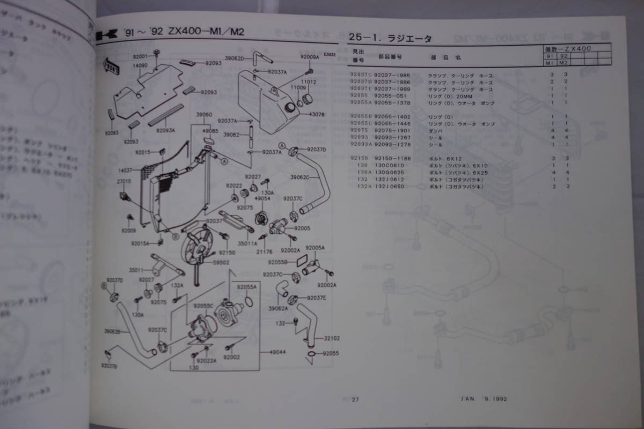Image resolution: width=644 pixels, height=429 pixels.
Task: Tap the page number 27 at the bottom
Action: (x=355, y=399)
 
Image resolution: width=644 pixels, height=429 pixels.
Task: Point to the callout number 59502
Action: (x=221, y=262)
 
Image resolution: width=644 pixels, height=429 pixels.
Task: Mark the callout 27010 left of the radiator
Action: (x=125, y=182)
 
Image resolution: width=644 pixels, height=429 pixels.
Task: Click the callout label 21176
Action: (x=264, y=250)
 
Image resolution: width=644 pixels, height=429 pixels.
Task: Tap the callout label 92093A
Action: (x=165, y=129)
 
